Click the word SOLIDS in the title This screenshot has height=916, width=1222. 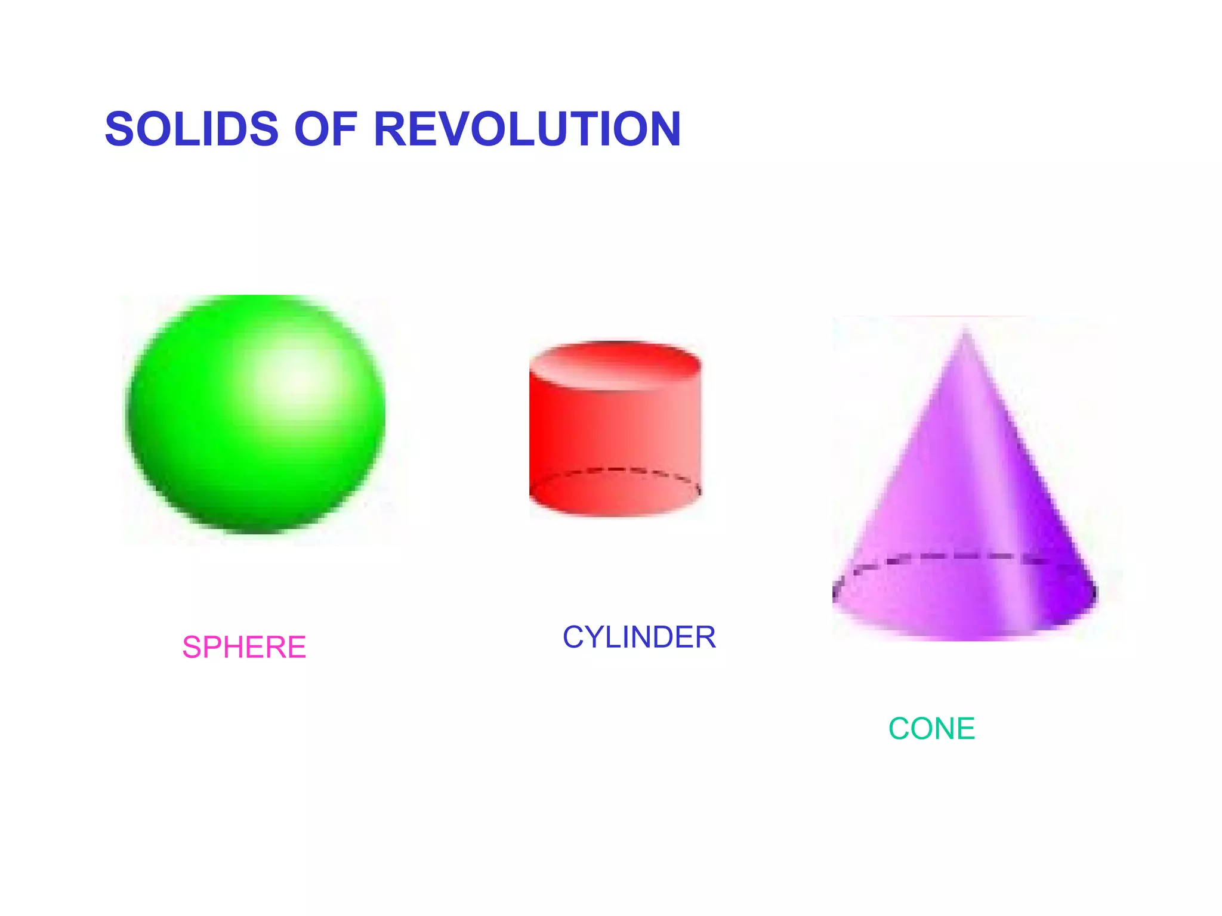[x=192, y=129]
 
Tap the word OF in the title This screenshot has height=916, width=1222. [x=326, y=129]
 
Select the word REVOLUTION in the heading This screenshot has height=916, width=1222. [x=527, y=129]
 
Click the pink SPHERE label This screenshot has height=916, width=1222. [x=244, y=647]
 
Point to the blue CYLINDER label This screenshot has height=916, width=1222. [x=639, y=637]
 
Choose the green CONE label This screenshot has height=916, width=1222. [x=931, y=728]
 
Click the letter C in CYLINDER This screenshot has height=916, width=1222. [x=573, y=637]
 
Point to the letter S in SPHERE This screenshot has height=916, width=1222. [x=192, y=647]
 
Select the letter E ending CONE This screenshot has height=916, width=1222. [x=965, y=728]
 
